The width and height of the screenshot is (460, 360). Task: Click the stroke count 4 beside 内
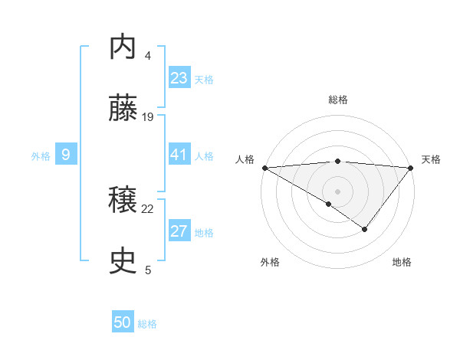(x=148, y=55)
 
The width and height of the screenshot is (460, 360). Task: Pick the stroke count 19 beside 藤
(x=149, y=116)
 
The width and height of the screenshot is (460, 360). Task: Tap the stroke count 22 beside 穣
(x=148, y=208)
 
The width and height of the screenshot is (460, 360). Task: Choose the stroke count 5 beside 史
(x=148, y=270)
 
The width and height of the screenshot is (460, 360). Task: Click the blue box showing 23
(x=179, y=78)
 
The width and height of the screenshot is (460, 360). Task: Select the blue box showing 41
(x=179, y=155)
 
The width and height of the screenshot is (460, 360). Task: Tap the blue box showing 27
(x=179, y=231)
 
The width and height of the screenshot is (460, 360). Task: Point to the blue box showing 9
(x=66, y=155)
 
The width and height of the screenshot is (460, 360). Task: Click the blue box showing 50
(x=123, y=322)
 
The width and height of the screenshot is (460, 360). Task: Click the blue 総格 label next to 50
(x=148, y=324)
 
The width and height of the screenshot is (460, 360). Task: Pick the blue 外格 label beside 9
(x=41, y=156)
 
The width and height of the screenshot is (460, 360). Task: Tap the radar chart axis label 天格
(x=432, y=159)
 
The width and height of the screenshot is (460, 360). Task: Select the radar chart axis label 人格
(x=245, y=159)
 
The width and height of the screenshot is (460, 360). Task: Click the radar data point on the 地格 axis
(x=365, y=229)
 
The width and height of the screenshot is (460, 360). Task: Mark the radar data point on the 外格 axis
(x=329, y=204)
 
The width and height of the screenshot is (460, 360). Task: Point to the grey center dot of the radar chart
(x=338, y=191)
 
